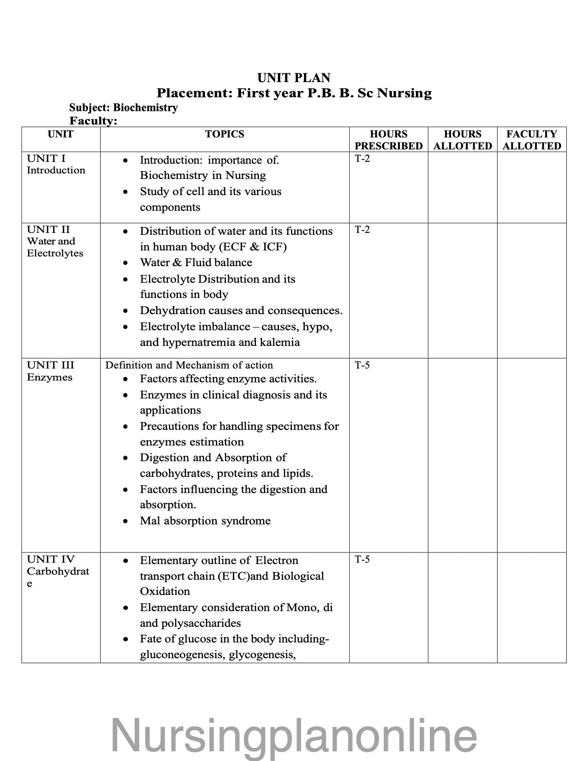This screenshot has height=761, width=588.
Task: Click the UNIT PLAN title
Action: point(294,77)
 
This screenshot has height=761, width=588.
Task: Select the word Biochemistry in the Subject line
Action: point(145,108)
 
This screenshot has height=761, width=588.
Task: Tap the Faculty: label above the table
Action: point(93,121)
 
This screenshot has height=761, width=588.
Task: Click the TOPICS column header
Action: point(225,134)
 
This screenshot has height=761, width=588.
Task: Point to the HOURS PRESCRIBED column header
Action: point(388,140)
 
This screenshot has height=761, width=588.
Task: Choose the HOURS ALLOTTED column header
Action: point(463,140)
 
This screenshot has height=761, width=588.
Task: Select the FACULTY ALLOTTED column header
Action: point(532,140)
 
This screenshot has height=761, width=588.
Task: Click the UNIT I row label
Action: point(46,159)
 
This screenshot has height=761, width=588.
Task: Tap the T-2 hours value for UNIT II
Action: point(362,230)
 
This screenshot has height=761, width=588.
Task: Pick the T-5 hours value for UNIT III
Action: point(362,366)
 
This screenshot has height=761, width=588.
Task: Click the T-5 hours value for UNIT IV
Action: point(362,560)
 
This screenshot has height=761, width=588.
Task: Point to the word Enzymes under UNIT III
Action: point(49,377)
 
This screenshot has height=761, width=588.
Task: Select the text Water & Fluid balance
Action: point(196,262)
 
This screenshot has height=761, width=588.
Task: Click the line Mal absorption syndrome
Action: point(205,521)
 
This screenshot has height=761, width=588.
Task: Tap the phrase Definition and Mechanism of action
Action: point(189,365)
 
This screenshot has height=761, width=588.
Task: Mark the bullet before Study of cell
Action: point(125,192)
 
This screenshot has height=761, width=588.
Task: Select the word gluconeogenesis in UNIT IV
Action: point(176,654)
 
